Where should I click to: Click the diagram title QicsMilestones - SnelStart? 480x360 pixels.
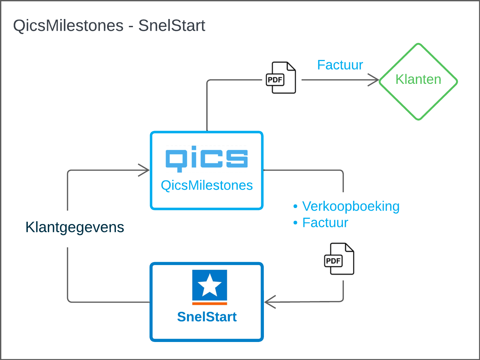109,26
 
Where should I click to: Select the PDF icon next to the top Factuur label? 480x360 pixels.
281,78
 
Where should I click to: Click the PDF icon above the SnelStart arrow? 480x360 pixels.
339,259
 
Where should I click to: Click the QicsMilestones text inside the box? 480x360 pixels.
207,185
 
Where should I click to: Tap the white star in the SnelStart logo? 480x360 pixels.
210,285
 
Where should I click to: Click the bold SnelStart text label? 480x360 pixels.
207,317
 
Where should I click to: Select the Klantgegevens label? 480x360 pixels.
75,227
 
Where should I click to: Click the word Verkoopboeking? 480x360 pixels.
351,206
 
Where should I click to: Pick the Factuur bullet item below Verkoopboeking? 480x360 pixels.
325,223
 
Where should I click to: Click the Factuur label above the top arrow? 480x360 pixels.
340,65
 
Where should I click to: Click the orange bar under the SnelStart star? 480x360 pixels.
210,304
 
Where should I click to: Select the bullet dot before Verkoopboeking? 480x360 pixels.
295,207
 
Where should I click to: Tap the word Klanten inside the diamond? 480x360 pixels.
418,79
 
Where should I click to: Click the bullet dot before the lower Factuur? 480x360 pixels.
295,223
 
